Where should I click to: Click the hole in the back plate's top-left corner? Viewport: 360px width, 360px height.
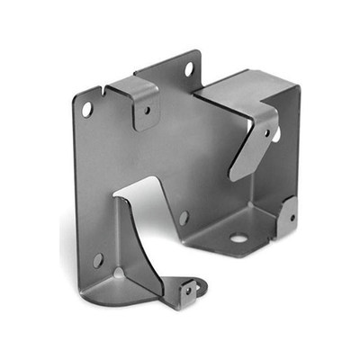[87, 108]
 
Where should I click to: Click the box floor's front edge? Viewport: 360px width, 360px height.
[225, 253]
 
